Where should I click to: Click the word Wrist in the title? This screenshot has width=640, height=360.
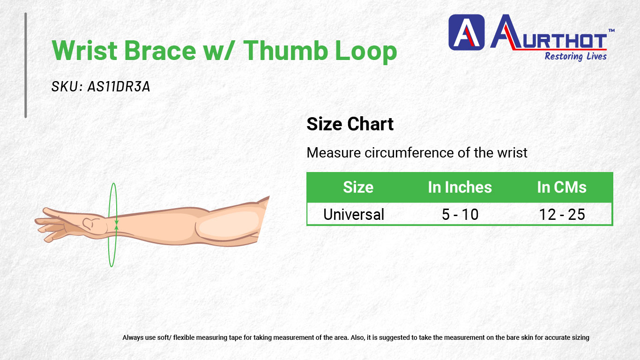[85, 50]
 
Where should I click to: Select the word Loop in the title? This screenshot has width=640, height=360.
[366, 52]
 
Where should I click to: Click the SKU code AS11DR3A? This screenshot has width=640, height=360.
[119, 86]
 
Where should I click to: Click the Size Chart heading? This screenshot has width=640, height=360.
[350, 124]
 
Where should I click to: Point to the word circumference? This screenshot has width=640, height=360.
[409, 153]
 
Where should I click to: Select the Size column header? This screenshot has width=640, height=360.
[358, 187]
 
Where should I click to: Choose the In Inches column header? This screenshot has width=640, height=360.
[460, 187]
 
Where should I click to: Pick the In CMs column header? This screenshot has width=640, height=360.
[562, 187]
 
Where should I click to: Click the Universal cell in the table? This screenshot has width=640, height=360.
[354, 215]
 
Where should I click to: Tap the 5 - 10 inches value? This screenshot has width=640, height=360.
[460, 215]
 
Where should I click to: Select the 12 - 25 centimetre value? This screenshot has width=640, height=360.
[562, 215]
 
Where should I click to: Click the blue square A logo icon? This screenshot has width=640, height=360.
[467, 32]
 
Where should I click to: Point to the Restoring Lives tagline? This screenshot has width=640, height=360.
[575, 56]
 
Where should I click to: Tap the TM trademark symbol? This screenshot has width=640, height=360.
[611, 30]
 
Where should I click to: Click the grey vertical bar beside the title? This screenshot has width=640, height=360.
[26, 65]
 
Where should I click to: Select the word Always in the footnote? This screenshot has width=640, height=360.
[133, 337]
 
